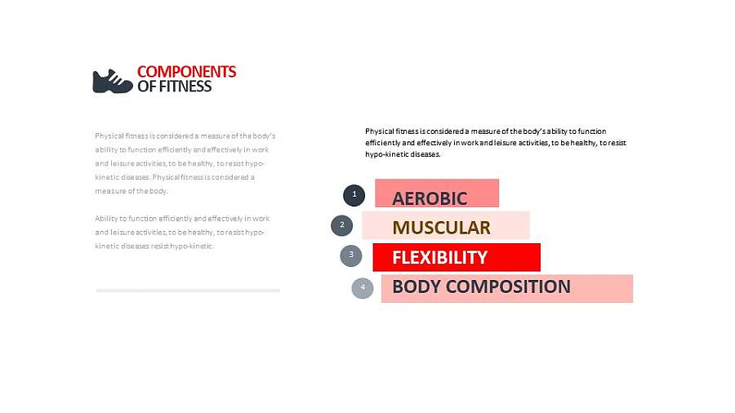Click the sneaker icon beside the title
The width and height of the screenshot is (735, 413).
[113, 82]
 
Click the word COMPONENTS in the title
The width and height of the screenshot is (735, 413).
[186, 72]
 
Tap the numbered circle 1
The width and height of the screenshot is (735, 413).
[354, 195]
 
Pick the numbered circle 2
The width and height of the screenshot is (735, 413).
[341, 226]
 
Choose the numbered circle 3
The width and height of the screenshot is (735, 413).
[351, 255]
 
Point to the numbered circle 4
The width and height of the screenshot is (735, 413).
[363, 288]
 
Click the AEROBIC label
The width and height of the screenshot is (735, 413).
[430, 198]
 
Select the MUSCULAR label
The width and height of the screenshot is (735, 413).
[441, 228]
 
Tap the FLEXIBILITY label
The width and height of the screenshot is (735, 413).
[439, 258]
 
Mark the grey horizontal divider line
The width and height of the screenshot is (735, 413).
[188, 291]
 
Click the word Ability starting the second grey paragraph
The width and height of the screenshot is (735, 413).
[105, 219]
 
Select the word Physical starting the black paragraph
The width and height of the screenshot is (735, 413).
[379, 131]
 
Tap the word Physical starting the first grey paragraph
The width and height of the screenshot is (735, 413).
[109, 136]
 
